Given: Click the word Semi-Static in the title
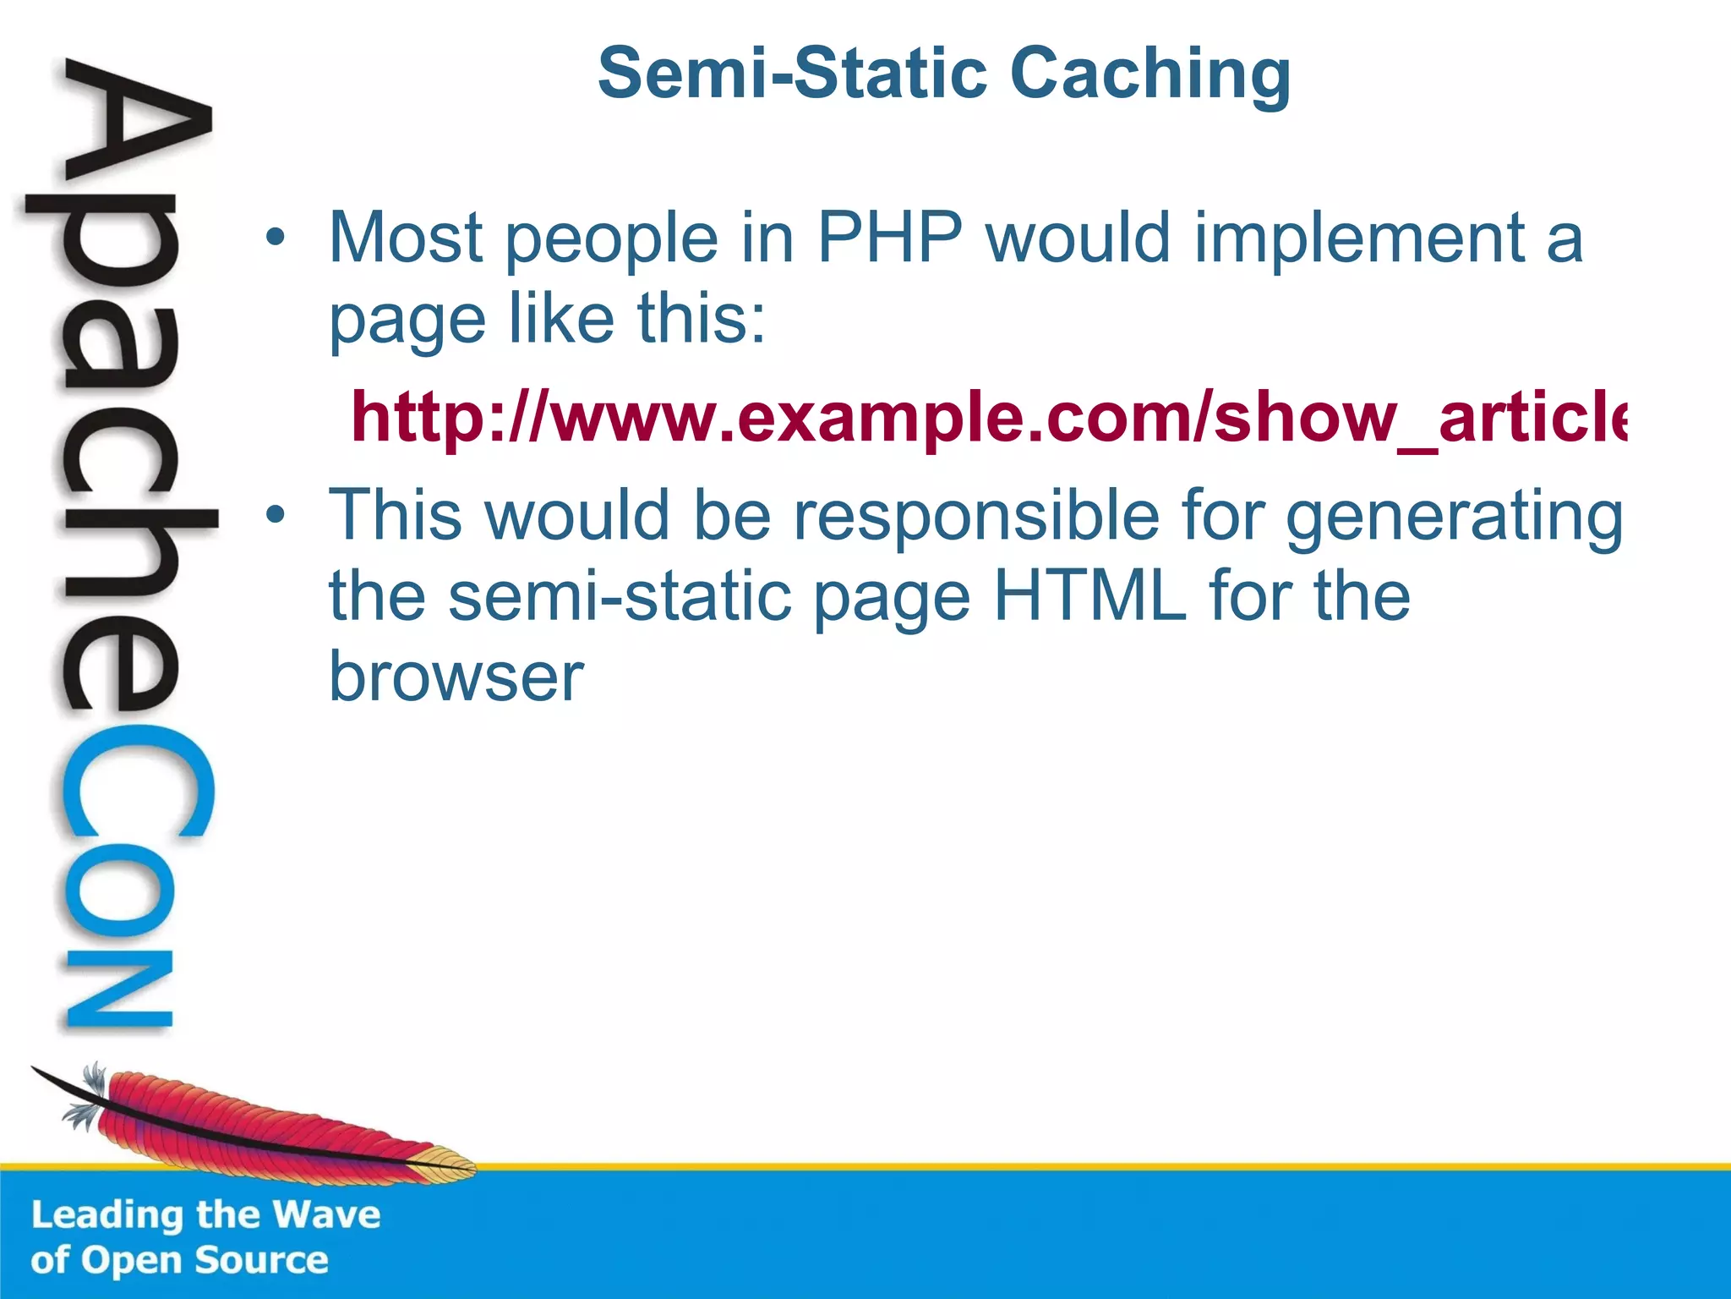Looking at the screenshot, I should tap(792, 73).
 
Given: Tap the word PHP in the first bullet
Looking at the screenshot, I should tap(889, 238).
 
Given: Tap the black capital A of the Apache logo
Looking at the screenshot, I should tap(135, 127).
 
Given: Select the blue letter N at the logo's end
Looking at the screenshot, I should tap(118, 989).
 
